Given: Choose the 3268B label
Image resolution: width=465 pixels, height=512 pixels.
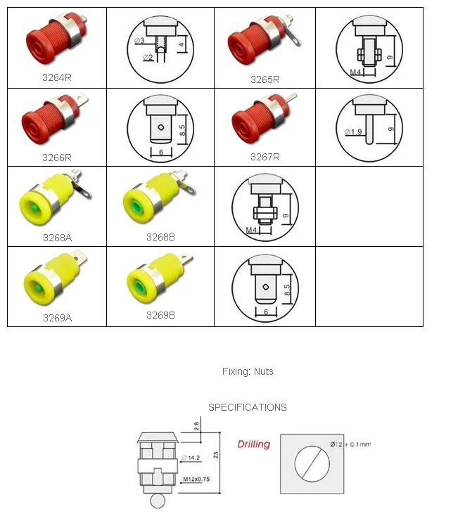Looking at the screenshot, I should [160, 237].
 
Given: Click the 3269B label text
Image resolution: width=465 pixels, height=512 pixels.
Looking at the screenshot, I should [160, 315].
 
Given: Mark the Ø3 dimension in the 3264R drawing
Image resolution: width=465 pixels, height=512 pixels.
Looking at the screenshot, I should [139, 41].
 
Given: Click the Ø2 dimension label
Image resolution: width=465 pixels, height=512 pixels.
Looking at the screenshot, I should [148, 57].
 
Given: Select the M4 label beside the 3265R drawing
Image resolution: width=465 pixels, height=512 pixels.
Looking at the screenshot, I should [357, 71].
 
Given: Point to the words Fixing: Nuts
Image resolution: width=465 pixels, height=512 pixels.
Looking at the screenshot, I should [248, 371].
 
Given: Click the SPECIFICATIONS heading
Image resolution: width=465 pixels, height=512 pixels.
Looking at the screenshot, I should [247, 407].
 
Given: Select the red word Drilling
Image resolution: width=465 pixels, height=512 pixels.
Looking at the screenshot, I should [253, 444].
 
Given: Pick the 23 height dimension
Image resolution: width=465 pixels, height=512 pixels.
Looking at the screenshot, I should [217, 454].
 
